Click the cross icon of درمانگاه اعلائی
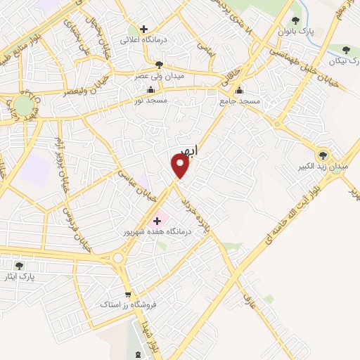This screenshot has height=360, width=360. pyautogui.click(x=144, y=30)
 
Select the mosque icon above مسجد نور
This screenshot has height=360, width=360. pyautogui.click(x=150, y=90)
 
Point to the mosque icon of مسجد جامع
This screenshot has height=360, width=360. pyautogui.click(x=240, y=90)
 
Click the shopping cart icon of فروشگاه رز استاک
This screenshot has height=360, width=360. pyautogui.click(x=127, y=295)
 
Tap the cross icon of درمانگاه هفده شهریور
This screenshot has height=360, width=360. pyautogui.click(x=157, y=221)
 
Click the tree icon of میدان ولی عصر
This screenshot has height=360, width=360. pyautogui.click(x=159, y=65)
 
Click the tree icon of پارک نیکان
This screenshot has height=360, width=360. pyautogui.click(x=346, y=49)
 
